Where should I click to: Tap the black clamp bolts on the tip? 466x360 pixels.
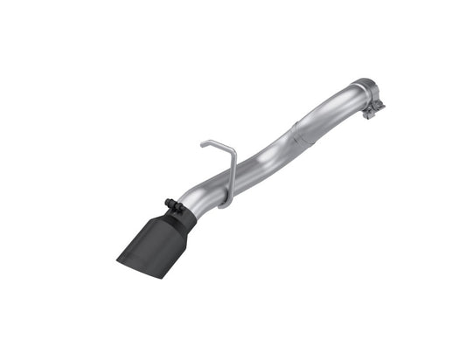175,207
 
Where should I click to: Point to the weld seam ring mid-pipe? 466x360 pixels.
300,132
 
